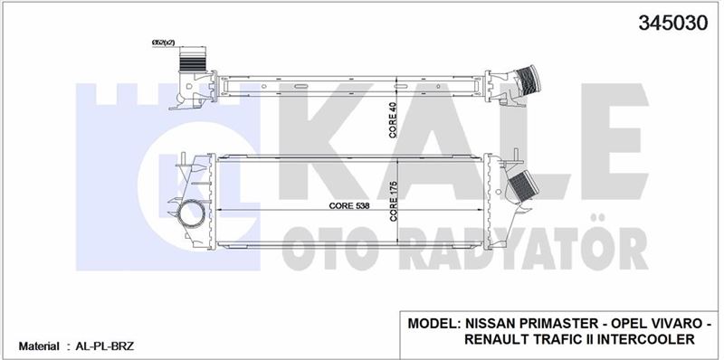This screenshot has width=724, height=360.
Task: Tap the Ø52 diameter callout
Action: pos(163,43)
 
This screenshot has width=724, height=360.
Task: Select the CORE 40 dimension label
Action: pos(394,121)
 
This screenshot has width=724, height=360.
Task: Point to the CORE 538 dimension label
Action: pos(349,206)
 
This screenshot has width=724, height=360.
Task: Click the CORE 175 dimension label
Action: pos(394,203)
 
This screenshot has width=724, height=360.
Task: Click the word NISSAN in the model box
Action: pos(491,323)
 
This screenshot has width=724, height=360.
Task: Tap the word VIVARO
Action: pos(673,323)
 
